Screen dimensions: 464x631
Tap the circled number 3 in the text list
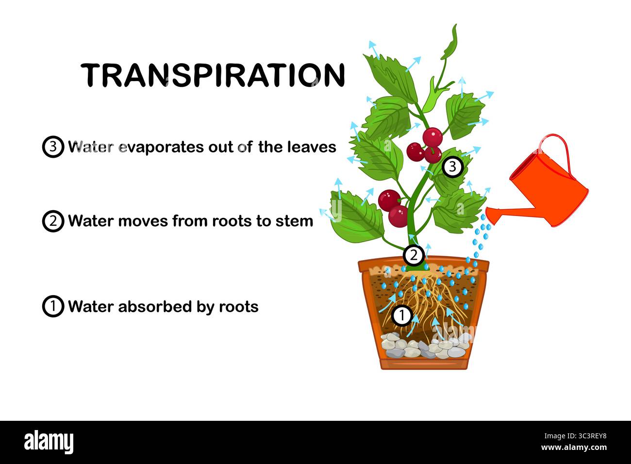[x=53, y=147]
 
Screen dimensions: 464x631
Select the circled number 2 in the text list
[x=53, y=221]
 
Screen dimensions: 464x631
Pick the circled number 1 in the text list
[x=53, y=307]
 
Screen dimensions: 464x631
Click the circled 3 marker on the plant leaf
[x=452, y=167]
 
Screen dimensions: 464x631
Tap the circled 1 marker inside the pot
[x=402, y=316]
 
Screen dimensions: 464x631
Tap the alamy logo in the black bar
[x=49, y=442]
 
